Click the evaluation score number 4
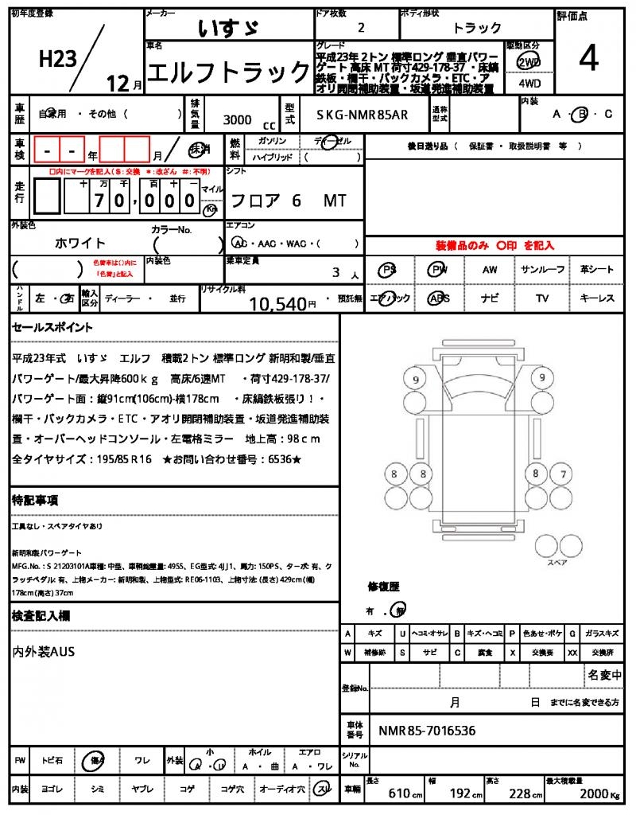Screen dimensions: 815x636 (589, 58)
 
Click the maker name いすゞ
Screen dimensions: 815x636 (228, 28)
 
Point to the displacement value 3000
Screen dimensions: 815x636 (237, 119)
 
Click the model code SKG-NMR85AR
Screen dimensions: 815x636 (362, 115)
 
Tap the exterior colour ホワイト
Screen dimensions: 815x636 (79, 243)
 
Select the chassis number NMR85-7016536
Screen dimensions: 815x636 (427, 730)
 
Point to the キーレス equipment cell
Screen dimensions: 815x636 (596, 298)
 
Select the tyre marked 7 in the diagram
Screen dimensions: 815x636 (563, 474)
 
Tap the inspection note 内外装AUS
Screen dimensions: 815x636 (44, 652)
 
